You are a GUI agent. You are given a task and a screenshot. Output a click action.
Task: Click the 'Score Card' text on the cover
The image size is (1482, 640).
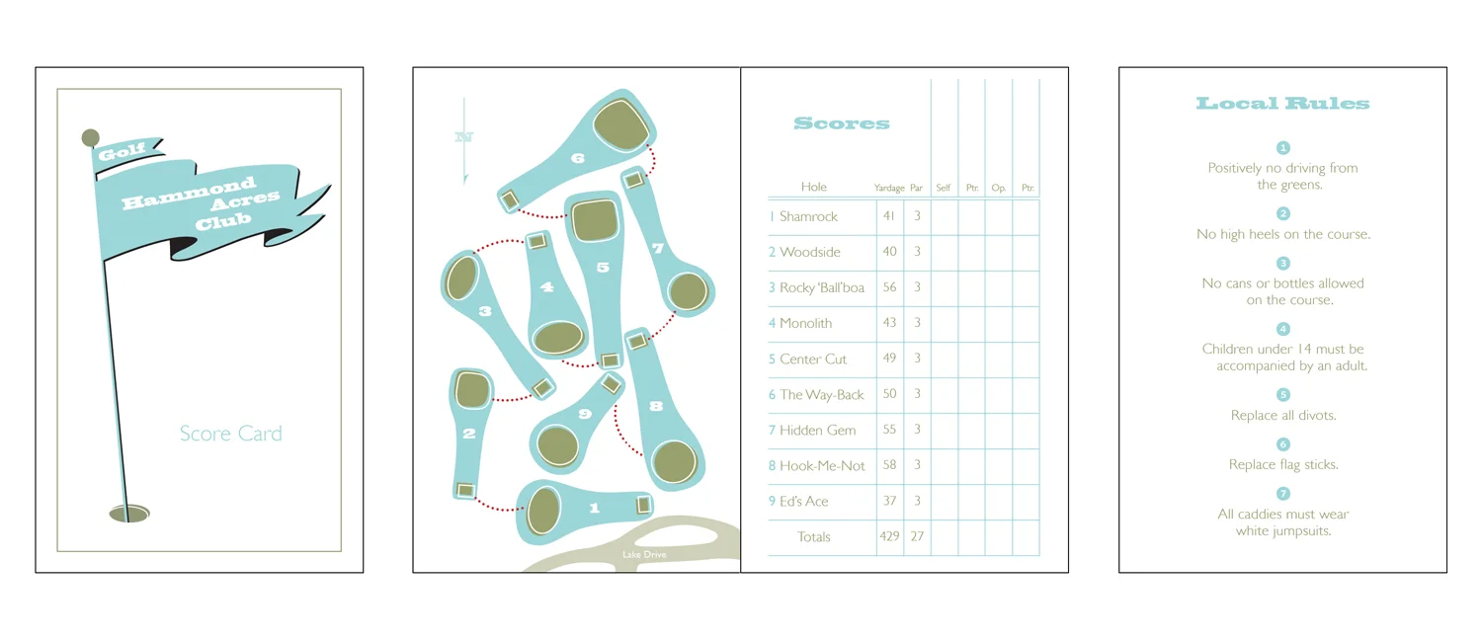230,434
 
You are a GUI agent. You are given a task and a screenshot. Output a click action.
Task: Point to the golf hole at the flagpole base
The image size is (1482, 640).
128,513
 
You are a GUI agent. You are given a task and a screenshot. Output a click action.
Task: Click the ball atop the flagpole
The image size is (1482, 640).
90,137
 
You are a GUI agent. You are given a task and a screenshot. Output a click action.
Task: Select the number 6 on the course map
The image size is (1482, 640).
578,158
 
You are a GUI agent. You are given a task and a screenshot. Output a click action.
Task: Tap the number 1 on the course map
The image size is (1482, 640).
594,509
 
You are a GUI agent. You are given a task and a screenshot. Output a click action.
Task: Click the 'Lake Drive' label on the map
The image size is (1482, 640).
644,555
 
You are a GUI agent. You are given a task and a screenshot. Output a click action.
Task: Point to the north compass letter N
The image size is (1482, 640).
463,137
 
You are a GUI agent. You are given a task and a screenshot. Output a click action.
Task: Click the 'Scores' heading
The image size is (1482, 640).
842,124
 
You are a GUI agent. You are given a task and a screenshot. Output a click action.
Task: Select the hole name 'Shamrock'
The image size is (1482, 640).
808,217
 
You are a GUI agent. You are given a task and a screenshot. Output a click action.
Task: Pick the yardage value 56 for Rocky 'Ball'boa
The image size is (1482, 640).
889,287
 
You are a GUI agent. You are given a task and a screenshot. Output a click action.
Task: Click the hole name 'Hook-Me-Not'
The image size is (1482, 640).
822,466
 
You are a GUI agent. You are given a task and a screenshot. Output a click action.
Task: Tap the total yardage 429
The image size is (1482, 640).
889,537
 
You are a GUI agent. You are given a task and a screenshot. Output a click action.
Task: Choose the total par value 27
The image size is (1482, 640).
917,537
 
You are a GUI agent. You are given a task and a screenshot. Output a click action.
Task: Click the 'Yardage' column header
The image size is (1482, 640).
889,188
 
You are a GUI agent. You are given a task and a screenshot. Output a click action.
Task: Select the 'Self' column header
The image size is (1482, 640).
944,188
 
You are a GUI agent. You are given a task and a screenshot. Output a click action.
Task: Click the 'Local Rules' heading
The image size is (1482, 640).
1282,104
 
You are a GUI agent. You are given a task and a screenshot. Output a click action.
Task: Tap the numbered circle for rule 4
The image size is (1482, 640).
1283,329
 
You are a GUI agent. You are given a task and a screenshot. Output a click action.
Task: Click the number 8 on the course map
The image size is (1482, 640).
656,406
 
